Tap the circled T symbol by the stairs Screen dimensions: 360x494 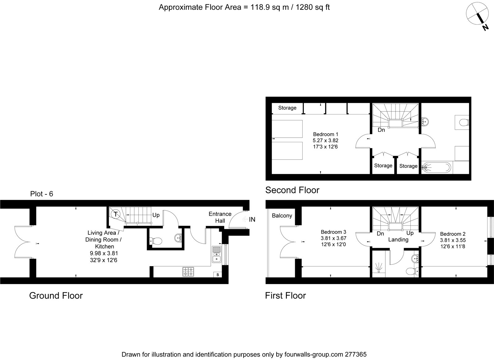point(115,214)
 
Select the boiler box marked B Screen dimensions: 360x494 point(218,275)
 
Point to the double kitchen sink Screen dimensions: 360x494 point(216,254)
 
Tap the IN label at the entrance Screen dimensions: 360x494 point(252,220)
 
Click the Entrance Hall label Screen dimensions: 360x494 point(220,217)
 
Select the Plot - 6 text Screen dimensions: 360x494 point(42,194)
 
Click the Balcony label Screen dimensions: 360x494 point(282,216)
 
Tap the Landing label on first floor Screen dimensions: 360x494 point(398,239)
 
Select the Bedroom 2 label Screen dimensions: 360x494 point(453,234)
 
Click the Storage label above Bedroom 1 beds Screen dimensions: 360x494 point(287,108)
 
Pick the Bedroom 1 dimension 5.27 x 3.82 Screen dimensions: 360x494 point(325,140)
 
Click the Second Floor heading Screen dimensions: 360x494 point(292,190)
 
